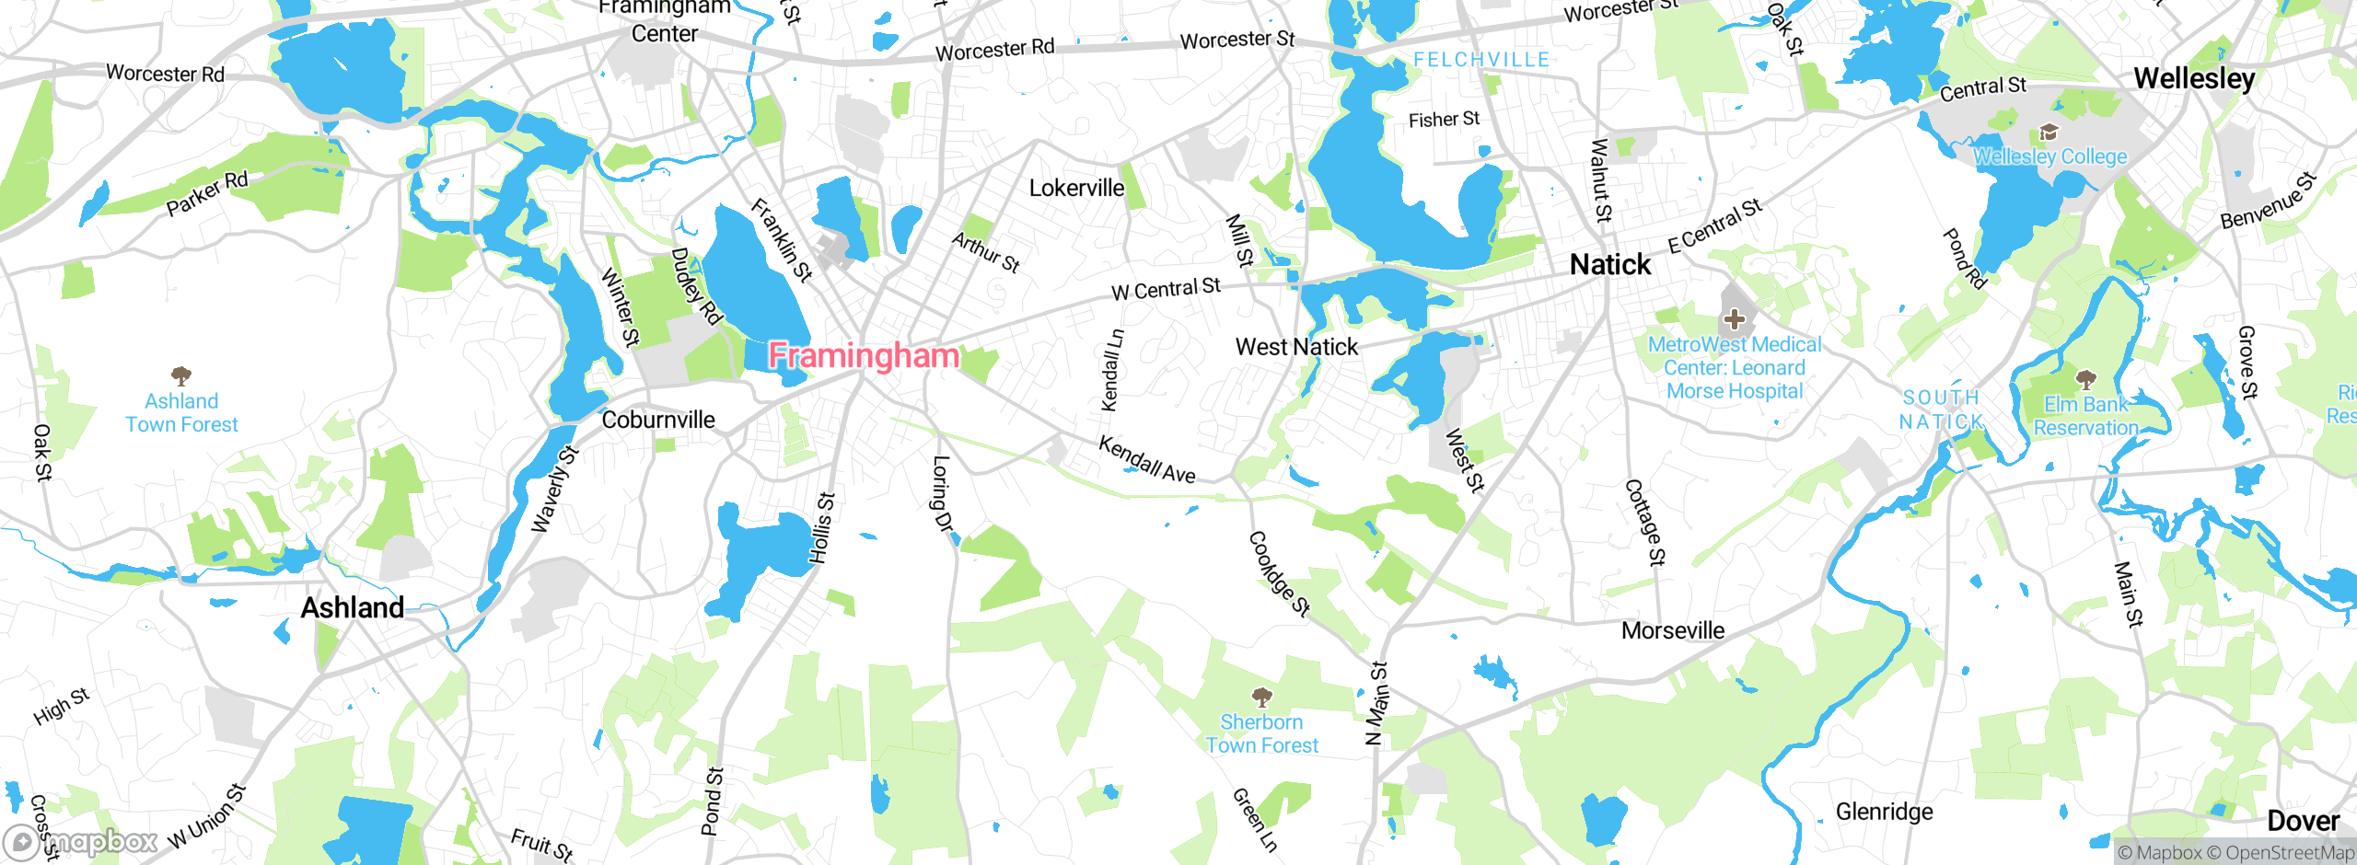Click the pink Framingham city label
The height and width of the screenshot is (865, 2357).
863,355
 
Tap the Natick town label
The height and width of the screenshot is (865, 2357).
1610,265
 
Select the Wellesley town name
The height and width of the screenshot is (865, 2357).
2194,78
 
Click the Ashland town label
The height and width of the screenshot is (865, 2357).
353,607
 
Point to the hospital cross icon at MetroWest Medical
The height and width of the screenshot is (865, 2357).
1735,319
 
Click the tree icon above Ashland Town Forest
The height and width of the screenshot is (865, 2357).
181,375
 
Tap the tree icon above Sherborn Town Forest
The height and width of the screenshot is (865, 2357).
1262,697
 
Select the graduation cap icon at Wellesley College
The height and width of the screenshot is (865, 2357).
2049,133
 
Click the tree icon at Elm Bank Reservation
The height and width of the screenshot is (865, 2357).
2086,379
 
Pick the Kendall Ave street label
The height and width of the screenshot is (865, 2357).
1147,459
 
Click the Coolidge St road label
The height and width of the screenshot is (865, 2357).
1279,573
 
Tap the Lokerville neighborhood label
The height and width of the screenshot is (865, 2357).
1076,189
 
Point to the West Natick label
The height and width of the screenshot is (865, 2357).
1296,347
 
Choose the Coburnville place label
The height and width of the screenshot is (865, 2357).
658,420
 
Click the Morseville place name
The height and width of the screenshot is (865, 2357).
1673,630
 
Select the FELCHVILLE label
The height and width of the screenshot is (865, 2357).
1481,60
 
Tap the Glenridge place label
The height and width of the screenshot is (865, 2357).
1884,812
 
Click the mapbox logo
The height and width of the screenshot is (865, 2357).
81,841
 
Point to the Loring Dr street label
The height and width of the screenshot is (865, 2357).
942,494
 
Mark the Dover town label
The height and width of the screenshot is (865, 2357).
2303,821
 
